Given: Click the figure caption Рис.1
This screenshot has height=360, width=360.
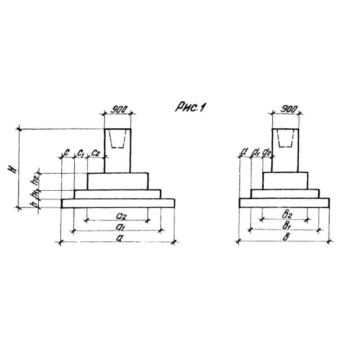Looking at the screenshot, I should pyautogui.click(x=189, y=108).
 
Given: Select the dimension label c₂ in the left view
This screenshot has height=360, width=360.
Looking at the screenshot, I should pyautogui.click(x=95, y=153).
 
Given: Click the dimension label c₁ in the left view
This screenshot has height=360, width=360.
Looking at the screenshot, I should pyautogui.click(x=81, y=153).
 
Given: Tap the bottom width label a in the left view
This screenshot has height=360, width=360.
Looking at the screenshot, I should pyautogui.click(x=119, y=238).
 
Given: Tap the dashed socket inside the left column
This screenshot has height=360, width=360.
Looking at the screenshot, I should pyautogui.click(x=118, y=139).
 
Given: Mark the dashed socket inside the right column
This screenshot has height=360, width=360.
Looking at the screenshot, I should pyautogui.click(x=285, y=139).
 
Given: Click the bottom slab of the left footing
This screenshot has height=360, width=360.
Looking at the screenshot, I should pyautogui.click(x=118, y=203).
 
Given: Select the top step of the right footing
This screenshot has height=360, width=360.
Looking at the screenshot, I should pyautogui.click(x=285, y=180).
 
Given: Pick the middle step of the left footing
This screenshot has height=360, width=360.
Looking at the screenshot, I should pyautogui.click(x=118, y=193).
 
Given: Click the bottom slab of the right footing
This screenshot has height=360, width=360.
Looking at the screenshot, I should pyautogui.click(x=285, y=202).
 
